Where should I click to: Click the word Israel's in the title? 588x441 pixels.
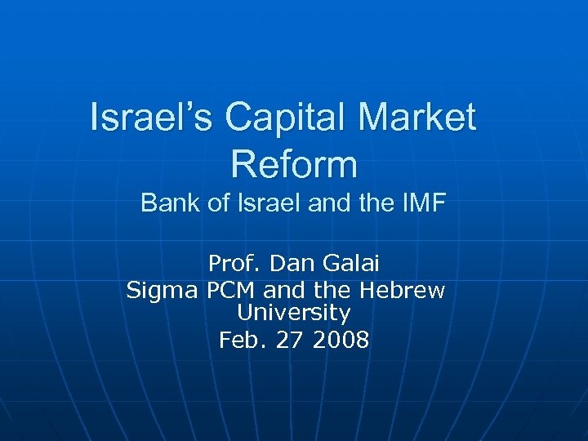point(152,117)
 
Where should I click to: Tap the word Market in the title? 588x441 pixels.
point(416,117)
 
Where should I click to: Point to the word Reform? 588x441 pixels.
point(294,163)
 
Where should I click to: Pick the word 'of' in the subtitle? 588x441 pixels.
point(218,203)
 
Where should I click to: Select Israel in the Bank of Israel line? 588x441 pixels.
point(268,203)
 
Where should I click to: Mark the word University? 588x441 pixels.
point(294,313)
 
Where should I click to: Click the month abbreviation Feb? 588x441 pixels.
point(241,340)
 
